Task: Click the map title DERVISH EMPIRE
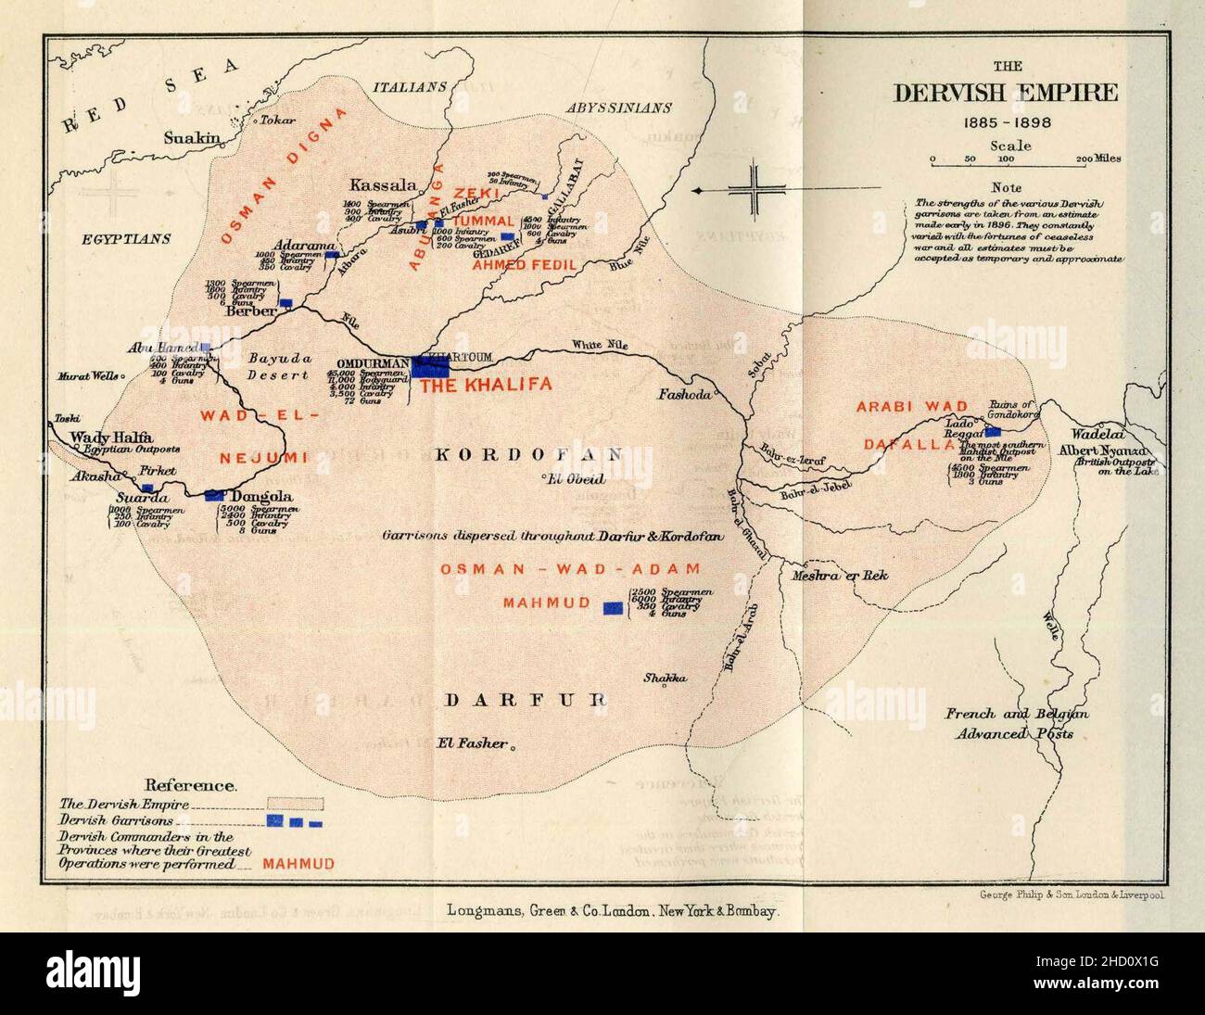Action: pos(1006,94)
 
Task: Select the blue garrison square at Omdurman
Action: pos(429,365)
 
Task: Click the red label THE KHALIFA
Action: pos(486,385)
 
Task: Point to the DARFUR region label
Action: pos(525,700)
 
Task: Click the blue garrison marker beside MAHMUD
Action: pos(613,608)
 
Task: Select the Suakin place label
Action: pos(193,139)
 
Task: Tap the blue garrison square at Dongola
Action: pos(215,495)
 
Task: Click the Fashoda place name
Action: pos(684,393)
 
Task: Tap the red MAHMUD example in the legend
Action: pos(298,864)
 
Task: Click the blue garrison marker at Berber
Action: pos(286,302)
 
